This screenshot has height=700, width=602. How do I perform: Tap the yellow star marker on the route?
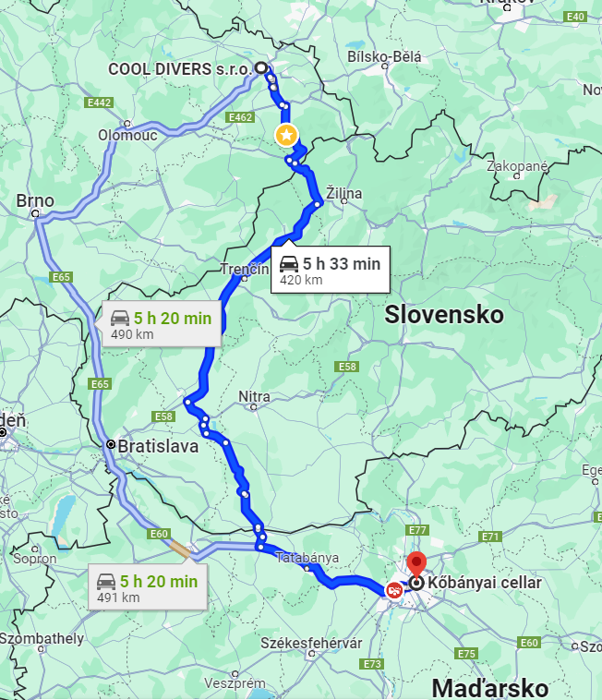(x=287, y=136)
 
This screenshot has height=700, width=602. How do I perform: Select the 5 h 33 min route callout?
(x=330, y=270)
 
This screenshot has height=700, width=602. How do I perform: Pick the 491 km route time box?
(x=148, y=587)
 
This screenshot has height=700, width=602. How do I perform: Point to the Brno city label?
(x=35, y=200)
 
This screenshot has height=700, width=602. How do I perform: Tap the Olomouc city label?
(x=127, y=135)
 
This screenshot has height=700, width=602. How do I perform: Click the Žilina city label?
(x=343, y=193)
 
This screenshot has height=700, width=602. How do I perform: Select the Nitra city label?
(x=254, y=397)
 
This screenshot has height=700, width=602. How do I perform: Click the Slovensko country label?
(x=444, y=314)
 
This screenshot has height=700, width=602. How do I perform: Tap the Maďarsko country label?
(x=489, y=687)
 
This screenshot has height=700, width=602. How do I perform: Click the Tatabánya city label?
(x=307, y=558)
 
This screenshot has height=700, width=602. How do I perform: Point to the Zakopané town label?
(x=518, y=166)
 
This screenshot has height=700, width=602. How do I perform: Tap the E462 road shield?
(x=240, y=117)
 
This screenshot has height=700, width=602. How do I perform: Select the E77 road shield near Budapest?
(x=417, y=530)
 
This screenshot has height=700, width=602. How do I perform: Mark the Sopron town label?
(x=34, y=559)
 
